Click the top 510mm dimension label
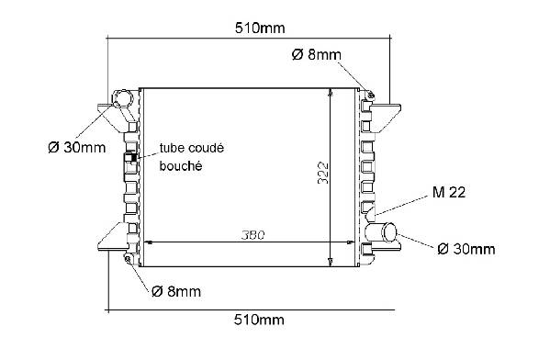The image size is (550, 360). [260, 28]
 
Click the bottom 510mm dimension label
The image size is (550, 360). [259, 320]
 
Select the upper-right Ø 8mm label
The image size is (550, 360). [316, 55]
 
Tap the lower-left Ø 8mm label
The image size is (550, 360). [176, 291]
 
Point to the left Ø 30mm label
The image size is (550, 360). [77, 147]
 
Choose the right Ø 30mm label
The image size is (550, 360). [466, 249]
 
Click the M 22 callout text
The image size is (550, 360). [449, 192]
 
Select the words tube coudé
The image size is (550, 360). [192, 148]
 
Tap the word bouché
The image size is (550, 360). [181, 165]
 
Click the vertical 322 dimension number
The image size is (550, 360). [322, 173]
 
